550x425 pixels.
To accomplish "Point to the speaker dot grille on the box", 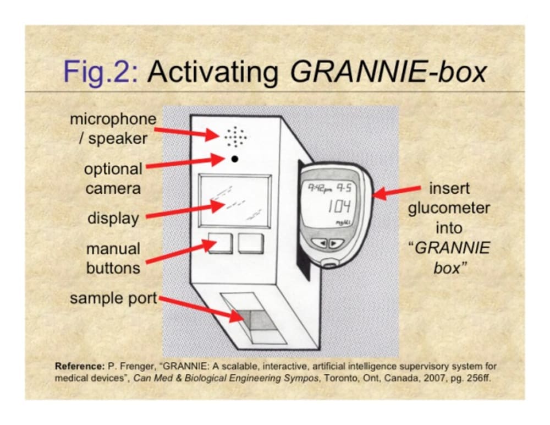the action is pos(235,135).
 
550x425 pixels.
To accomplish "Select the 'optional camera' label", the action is pos(113,178).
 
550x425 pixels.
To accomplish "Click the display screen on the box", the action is pos(235,200).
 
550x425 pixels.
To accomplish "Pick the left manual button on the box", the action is pos(221,243).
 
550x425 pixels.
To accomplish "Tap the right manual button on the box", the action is pos(251,243).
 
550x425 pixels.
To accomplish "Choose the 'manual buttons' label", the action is pos(113,258).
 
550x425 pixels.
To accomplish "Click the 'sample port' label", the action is pos(113,299).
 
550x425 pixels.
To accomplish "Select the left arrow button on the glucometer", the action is pos(323,243).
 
